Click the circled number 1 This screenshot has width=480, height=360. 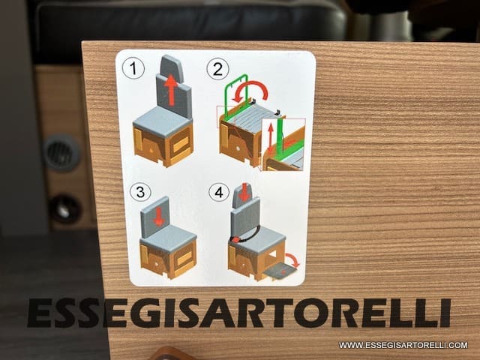click(x=133, y=69)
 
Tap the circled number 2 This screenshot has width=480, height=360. click(x=217, y=69)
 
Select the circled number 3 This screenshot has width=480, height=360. click(x=140, y=192)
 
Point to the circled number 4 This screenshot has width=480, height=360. click(x=219, y=193)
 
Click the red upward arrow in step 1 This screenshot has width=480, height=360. click(x=171, y=90)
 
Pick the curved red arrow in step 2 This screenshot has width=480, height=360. click(x=251, y=88)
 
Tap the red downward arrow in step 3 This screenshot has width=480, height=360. click(x=158, y=217)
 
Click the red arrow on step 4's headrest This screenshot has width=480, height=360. click(x=244, y=192)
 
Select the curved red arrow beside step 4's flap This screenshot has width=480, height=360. click(x=293, y=259)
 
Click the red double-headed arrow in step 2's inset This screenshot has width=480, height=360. click(x=271, y=138)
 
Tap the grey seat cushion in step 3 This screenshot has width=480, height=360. click(x=168, y=237)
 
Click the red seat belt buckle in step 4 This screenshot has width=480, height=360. click(x=235, y=239)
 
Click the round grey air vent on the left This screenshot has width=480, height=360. click(x=61, y=152)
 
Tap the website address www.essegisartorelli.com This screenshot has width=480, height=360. click(x=403, y=345)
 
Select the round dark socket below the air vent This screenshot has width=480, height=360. click(x=65, y=209)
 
